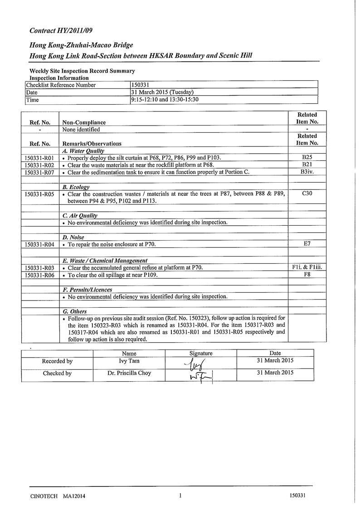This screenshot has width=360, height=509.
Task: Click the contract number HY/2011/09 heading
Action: [x=60, y=31]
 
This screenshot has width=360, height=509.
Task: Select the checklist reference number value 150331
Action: [x=139, y=85]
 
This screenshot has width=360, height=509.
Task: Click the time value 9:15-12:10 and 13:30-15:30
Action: [x=165, y=100]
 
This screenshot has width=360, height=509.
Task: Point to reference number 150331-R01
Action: [x=39, y=158]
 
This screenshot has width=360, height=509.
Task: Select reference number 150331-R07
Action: [x=39, y=172]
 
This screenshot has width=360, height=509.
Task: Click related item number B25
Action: [x=307, y=157]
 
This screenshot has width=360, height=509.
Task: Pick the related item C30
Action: [x=307, y=193]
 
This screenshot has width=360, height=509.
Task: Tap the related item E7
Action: [x=307, y=244]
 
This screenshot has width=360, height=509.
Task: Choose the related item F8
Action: [x=307, y=275]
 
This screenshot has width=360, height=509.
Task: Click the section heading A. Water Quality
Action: [x=83, y=151]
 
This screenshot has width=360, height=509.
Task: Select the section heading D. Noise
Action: [x=73, y=237]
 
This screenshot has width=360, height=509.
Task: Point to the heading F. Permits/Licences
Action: [x=87, y=289]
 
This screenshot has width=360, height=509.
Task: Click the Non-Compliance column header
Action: [x=84, y=122]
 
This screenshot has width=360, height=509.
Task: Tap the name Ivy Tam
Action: [x=129, y=361]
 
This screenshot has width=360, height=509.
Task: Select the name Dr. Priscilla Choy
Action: [x=129, y=373]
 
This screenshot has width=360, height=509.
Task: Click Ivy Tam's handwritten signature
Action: [x=199, y=363]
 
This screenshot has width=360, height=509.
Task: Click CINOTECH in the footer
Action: [x=44, y=496]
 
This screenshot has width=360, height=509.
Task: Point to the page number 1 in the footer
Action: [x=180, y=495]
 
